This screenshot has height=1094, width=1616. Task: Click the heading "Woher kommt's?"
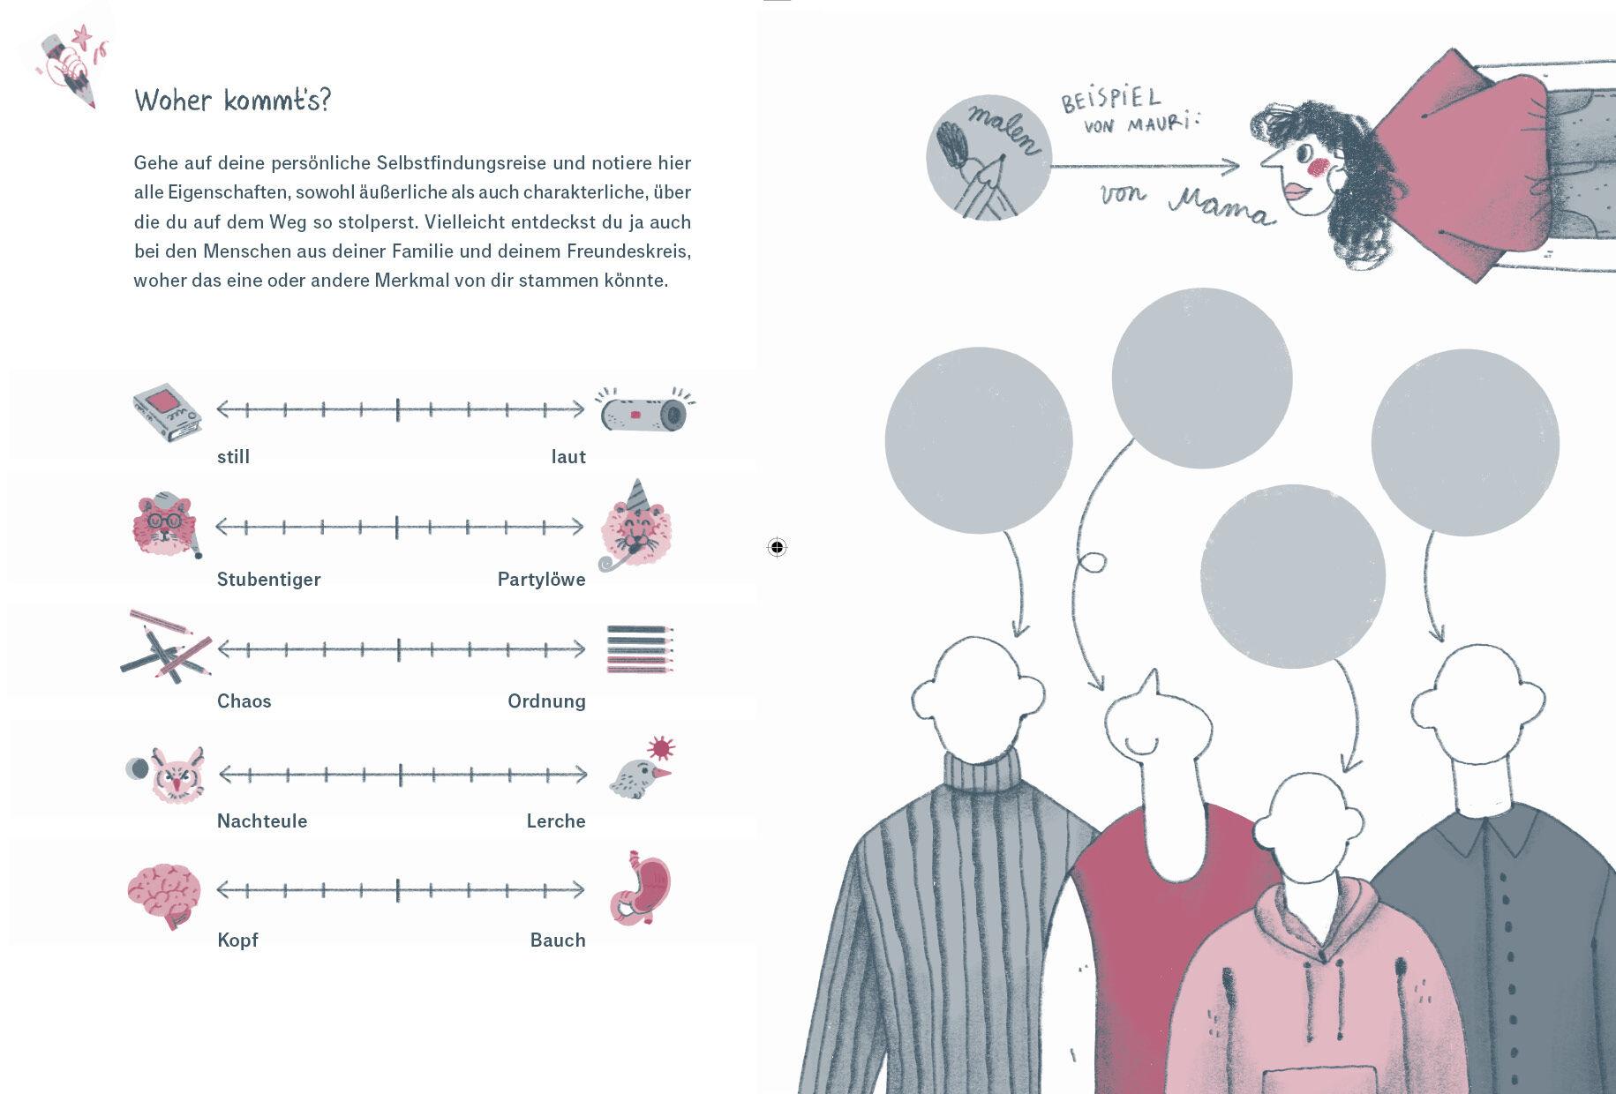(232, 100)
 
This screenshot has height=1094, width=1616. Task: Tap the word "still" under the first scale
(234, 457)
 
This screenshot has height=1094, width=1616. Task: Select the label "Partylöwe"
(542, 580)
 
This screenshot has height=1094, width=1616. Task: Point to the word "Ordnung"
(546, 701)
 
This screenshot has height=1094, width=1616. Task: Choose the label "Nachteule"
(262, 821)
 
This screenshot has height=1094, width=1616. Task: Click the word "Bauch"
(558, 940)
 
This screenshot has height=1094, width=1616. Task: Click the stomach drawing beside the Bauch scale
(640, 888)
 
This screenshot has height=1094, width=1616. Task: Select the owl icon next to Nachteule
(177, 774)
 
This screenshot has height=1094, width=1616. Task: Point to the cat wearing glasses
(166, 525)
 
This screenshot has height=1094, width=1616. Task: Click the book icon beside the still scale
(167, 412)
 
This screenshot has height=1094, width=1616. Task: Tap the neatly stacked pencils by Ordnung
(640, 649)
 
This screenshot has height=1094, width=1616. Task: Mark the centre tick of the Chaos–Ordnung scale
(399, 649)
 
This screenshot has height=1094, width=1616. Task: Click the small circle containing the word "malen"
(988, 157)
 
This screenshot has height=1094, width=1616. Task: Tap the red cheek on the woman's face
(1319, 166)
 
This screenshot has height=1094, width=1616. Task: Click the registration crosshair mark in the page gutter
(777, 548)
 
